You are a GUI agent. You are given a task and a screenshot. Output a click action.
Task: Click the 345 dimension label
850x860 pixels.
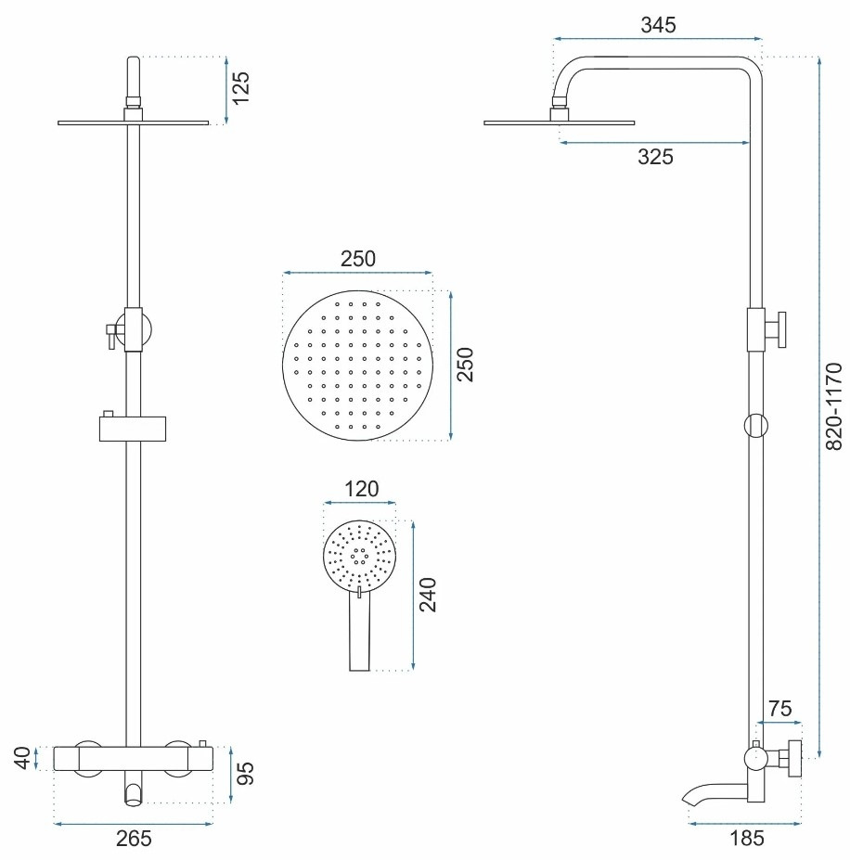pos(658,25)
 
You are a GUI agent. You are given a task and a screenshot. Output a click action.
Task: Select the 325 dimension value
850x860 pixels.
pos(655,157)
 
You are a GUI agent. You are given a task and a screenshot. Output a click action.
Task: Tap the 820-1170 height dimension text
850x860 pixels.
pos(833,406)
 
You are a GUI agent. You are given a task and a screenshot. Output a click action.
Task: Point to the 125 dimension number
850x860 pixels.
pos(240,88)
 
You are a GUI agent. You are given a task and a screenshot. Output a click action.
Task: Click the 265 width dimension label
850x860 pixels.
pos(134,838)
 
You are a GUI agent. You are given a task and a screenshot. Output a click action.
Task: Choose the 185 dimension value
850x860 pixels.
pos(747,838)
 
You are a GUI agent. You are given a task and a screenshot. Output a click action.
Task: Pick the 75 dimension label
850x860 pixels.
pos(779,709)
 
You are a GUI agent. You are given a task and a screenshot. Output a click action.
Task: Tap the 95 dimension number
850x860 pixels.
pos(247,774)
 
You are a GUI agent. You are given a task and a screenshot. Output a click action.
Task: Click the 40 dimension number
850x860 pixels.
pos(22,758)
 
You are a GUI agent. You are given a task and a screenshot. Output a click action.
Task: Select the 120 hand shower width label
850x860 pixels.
pos(361,489)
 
